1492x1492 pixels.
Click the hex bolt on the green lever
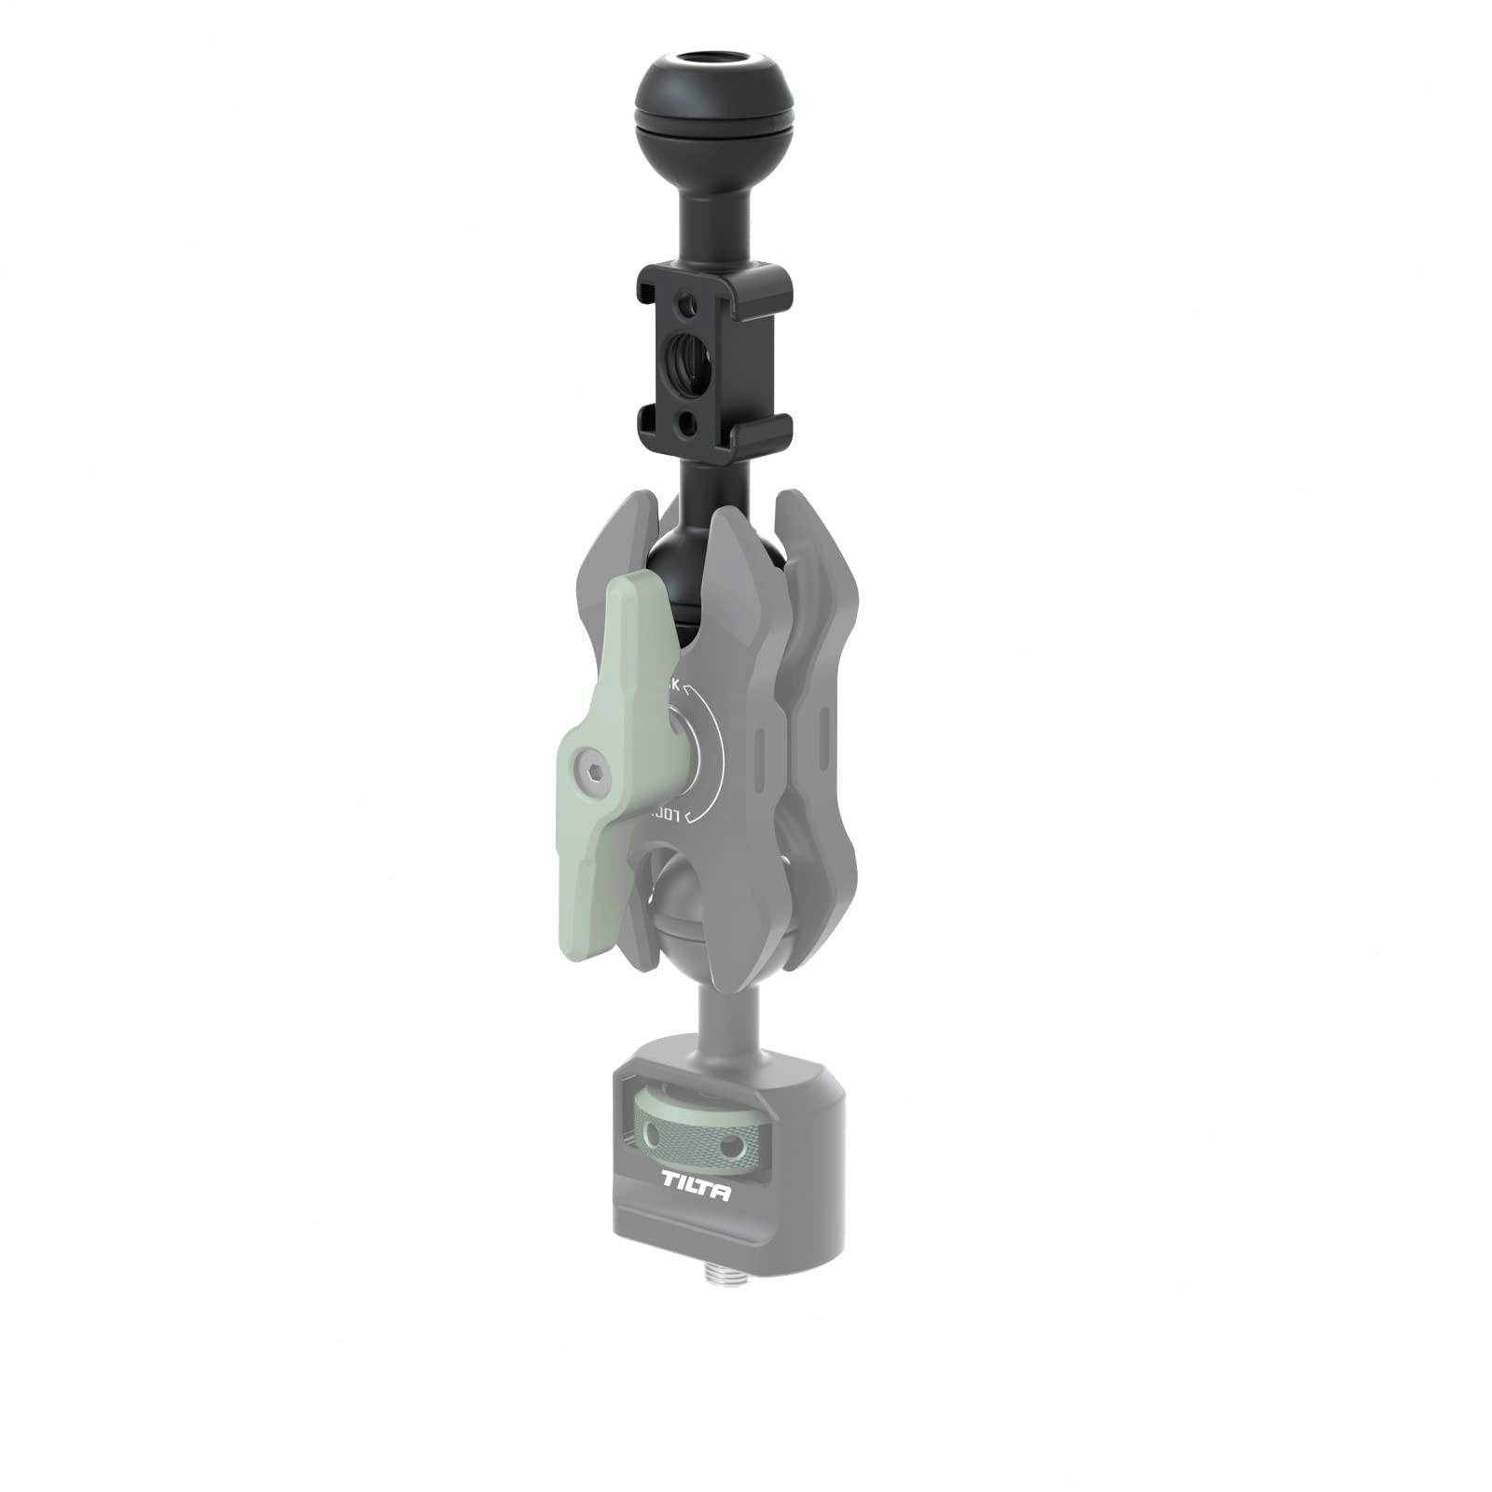pos(594,770)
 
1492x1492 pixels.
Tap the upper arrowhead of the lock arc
pos(686,691)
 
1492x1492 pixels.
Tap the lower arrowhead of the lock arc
pos(687,818)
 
